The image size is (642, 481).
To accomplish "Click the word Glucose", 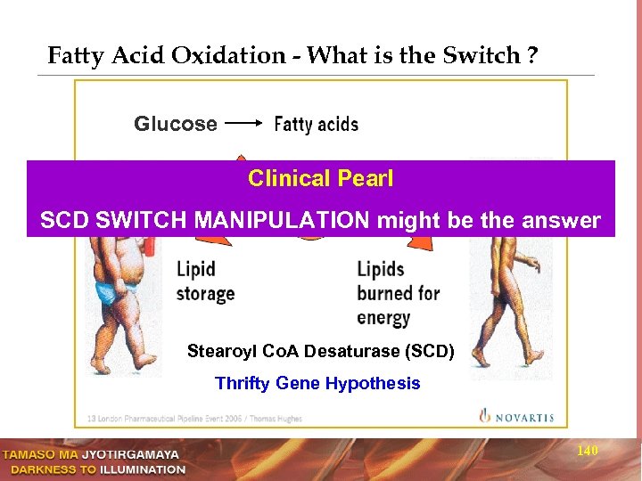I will pyautogui.click(x=175, y=124).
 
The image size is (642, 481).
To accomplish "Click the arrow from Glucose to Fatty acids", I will pyautogui.click(x=244, y=124).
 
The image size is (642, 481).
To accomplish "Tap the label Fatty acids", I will pyautogui.click(x=316, y=124).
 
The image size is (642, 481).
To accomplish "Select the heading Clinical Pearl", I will pyautogui.click(x=320, y=178).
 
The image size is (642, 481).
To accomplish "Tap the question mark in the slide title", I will pyautogui.click(x=532, y=56).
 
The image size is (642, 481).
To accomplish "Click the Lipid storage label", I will pyautogui.click(x=205, y=281).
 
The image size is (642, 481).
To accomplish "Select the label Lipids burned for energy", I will pyautogui.click(x=398, y=293).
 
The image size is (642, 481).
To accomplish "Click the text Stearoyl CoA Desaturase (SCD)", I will pyautogui.click(x=320, y=351).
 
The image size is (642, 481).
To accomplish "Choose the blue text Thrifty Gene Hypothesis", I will pyautogui.click(x=317, y=383).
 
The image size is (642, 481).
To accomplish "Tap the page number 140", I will pyautogui.click(x=587, y=451).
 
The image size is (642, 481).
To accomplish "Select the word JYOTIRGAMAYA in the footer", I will pyautogui.click(x=133, y=454).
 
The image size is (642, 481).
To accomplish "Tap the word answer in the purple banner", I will pyautogui.click(x=567, y=220).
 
